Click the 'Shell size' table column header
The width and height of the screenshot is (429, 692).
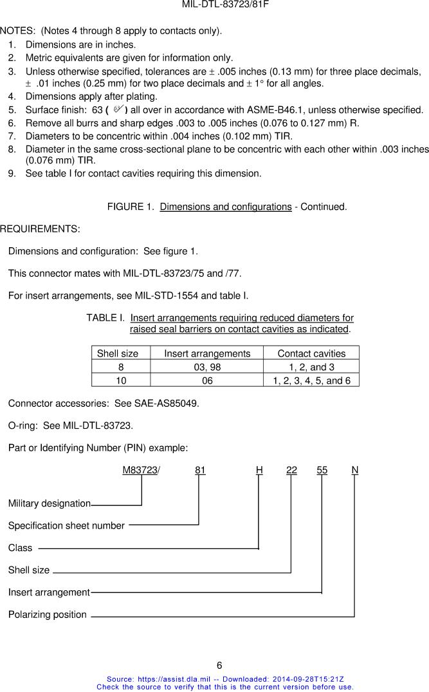click(118, 353)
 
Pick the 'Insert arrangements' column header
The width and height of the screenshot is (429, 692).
click(207, 353)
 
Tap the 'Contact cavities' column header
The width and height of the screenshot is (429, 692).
click(311, 353)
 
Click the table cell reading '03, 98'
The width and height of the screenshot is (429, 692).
click(207, 367)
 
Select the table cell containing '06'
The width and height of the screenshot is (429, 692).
click(207, 380)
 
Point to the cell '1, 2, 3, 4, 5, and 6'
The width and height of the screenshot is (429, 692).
click(311, 380)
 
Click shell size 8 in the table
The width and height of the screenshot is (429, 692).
click(120, 367)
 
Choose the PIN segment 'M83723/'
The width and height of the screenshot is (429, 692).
click(141, 471)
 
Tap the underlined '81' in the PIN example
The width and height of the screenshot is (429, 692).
click(200, 471)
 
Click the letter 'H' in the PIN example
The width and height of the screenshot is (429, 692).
click(259, 471)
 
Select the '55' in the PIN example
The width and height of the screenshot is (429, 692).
click(322, 471)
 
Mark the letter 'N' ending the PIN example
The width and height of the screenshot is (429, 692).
click(355, 471)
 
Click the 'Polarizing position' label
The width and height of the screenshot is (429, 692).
click(47, 615)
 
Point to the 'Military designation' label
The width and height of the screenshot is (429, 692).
click(49, 503)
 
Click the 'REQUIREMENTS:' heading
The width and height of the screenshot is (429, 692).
click(40, 229)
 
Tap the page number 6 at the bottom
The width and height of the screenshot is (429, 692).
click(219, 666)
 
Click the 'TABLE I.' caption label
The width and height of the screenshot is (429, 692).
click(105, 318)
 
